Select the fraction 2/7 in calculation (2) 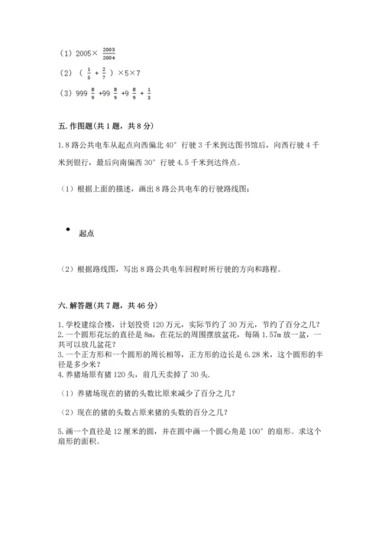pos(103,73)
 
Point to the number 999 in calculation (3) pos(83,93)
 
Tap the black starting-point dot pos(68,229)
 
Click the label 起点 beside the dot pos(86,234)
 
